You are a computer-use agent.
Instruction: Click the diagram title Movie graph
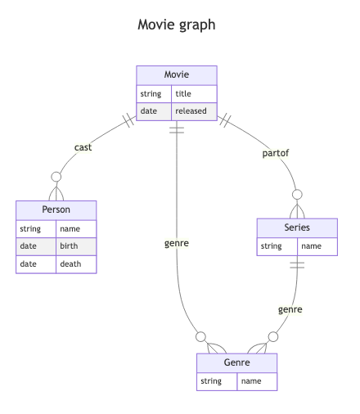177,25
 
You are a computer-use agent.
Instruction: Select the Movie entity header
177,75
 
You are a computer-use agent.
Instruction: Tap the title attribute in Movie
183,93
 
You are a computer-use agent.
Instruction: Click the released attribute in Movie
191,111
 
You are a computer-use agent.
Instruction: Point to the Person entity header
56,210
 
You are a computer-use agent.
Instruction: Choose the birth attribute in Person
69,246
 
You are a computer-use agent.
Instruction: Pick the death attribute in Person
70,264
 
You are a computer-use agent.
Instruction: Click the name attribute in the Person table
70,229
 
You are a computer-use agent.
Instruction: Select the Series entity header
297,227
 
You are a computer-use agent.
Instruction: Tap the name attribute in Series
311,246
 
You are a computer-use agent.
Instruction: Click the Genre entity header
236,362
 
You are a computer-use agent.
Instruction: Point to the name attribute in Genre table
251,381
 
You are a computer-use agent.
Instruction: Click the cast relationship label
83,147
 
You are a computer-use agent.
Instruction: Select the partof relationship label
276,153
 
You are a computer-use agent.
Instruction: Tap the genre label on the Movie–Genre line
177,243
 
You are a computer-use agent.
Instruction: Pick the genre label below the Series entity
290,309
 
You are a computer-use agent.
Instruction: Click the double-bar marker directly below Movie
177,130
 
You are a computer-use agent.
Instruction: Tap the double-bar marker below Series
297,265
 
